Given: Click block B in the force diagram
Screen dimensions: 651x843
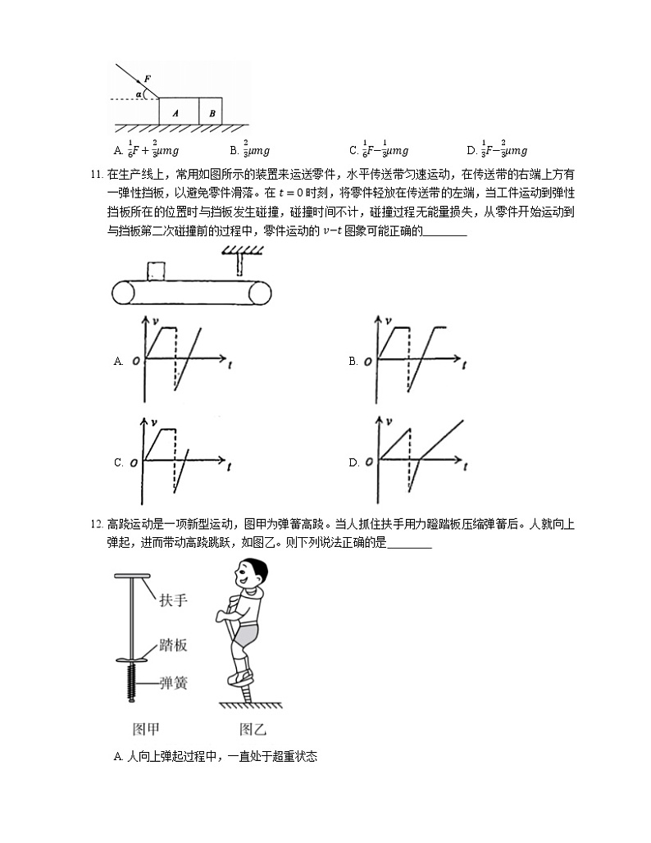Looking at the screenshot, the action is click(212, 112).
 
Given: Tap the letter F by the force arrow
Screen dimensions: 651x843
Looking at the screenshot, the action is click(147, 79).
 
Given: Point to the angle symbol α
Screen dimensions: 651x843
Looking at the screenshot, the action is click(139, 94).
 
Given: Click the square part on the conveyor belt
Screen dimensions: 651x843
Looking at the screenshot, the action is click(156, 271).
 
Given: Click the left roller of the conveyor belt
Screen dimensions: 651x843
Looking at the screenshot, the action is click(125, 293).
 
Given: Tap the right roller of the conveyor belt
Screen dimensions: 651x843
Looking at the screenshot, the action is click(262, 293).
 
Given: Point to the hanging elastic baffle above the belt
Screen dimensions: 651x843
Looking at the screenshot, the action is click(239, 263).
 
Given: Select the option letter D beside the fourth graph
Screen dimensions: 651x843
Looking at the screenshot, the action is click(353, 463).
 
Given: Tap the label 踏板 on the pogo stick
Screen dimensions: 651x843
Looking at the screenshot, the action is click(173, 645).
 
